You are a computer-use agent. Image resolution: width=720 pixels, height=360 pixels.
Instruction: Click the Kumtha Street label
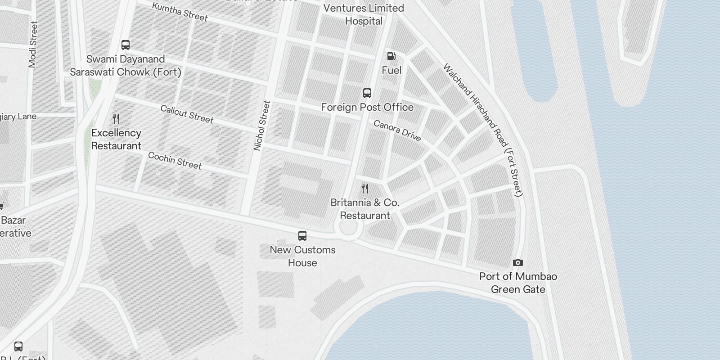tap(180, 12)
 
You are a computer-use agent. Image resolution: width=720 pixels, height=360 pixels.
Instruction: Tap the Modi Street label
tap(33, 45)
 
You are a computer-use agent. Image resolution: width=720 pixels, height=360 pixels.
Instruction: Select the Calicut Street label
tap(187, 114)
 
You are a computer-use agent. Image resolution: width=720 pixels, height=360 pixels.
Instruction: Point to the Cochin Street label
tap(175, 161)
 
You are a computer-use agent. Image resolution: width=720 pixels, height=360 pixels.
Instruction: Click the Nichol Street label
tap(262, 126)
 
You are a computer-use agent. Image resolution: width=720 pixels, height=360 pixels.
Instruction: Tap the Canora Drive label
tap(397, 130)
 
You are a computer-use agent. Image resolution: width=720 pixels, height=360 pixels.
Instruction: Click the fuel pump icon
tap(391, 56)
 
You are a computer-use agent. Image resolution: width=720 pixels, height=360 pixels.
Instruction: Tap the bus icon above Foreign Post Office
tap(367, 93)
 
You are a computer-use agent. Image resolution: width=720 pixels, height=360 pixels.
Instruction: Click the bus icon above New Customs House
tap(302, 235)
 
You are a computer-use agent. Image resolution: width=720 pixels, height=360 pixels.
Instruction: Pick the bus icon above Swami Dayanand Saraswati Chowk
tap(126, 45)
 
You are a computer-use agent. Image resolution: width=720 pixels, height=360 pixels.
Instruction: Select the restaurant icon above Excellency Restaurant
tap(116, 118)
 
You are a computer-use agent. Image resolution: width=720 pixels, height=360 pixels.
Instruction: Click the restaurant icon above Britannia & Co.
tap(365, 188)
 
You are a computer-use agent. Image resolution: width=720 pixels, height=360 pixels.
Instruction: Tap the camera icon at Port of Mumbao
tap(518, 262)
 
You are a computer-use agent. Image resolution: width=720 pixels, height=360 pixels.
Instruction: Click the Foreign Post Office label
tap(367, 107)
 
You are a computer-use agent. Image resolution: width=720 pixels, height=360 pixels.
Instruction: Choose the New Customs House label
tap(302, 256)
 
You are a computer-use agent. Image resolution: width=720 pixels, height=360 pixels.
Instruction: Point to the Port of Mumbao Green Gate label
tap(518, 283)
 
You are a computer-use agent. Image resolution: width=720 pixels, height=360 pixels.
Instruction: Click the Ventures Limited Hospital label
tap(364, 14)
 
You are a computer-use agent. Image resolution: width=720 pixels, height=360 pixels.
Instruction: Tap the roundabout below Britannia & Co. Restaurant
tap(348, 228)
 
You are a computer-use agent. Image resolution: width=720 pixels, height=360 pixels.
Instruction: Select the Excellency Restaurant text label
tap(116, 139)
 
